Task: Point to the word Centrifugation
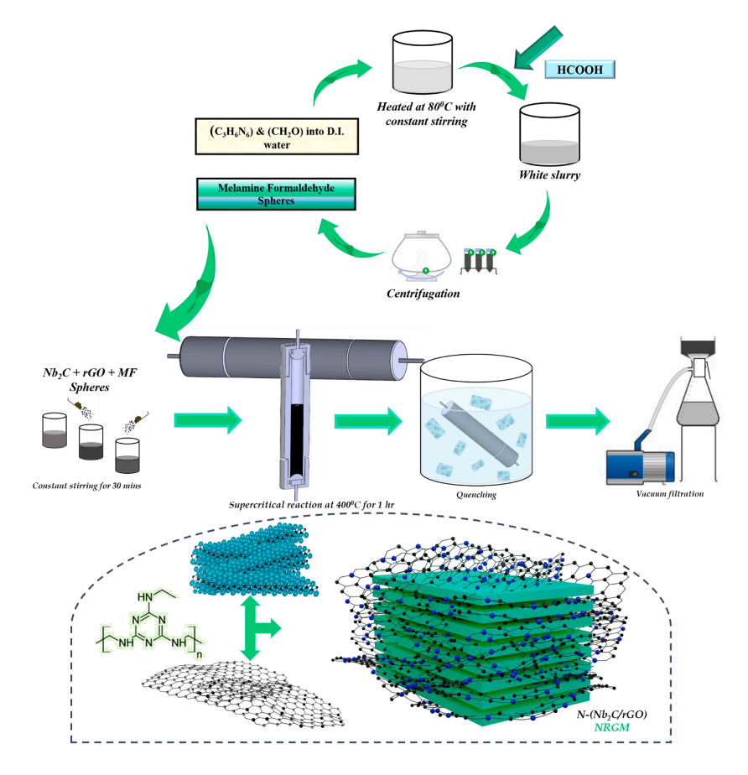424,294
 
